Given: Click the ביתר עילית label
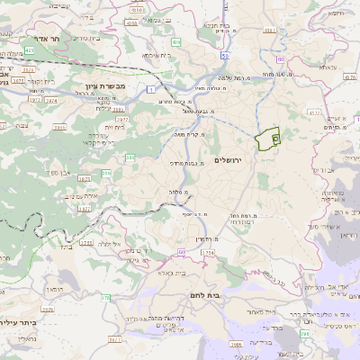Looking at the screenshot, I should pos(18,321).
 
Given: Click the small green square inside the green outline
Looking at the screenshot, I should pos(275,139).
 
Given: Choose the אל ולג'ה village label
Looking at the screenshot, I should pos(112,244).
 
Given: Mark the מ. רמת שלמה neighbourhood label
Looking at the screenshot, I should pos(244,77).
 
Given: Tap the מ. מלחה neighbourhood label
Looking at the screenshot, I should pos(178,192).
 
